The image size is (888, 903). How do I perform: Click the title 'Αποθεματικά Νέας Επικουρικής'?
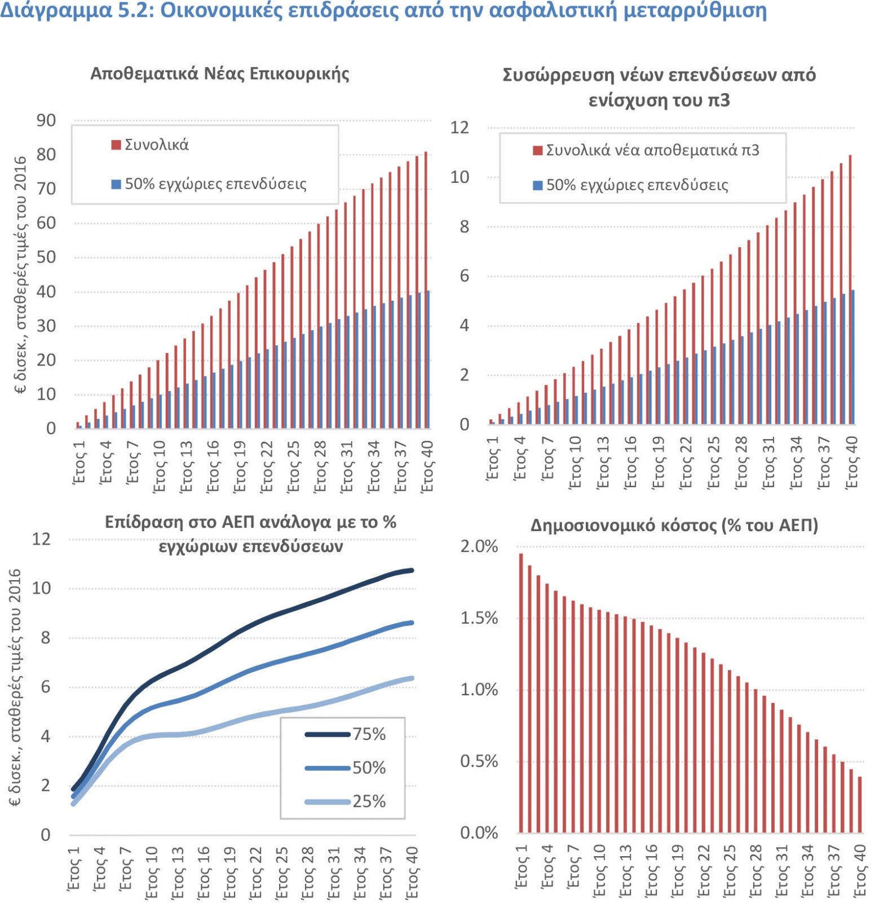[x=220, y=74]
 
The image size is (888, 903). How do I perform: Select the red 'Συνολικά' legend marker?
[x=116, y=145]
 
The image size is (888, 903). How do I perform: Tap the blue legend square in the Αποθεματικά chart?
[x=116, y=184]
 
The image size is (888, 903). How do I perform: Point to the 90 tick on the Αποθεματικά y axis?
[x=46, y=120]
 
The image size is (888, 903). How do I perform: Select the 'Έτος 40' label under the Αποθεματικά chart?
[x=427, y=466]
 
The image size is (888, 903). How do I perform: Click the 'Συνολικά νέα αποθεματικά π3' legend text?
[x=652, y=150]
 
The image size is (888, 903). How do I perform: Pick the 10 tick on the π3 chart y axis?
[x=460, y=177]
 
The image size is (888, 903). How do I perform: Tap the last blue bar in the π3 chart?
[x=852, y=357]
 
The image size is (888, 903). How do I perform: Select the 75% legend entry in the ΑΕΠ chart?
[x=344, y=734]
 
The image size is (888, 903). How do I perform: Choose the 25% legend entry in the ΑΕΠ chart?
[x=344, y=801]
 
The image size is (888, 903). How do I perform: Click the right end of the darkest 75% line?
[x=412, y=571]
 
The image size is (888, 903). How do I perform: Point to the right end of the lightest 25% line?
[x=412, y=678]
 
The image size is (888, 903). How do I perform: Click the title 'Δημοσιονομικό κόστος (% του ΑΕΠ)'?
[x=674, y=525]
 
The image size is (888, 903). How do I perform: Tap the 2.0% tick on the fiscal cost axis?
[x=479, y=546]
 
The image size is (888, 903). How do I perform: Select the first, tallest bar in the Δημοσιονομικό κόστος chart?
[x=521, y=693]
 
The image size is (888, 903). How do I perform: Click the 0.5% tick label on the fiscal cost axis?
[x=479, y=761]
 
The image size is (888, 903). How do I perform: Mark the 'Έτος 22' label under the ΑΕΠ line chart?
[x=255, y=872]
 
